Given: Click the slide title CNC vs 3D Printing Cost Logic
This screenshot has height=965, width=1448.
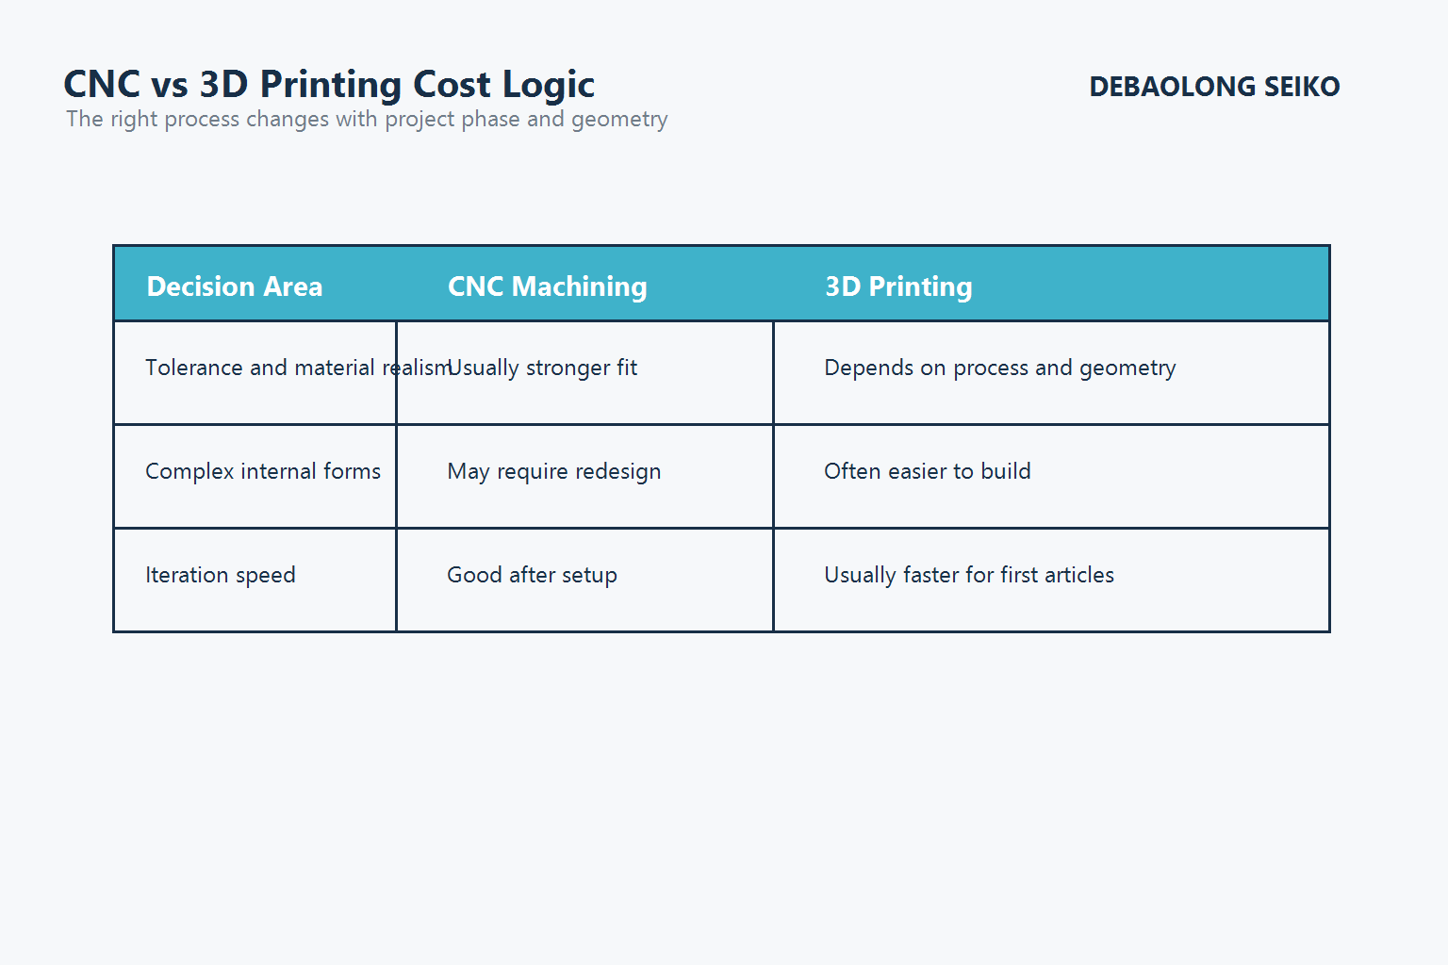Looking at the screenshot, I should pos(329,85).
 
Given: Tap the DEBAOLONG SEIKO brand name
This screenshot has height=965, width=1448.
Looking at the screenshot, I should pos(1214,87).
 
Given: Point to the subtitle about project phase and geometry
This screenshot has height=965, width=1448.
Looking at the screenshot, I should pos(367,120).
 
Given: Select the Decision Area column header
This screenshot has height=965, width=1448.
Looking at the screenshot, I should pos(235,286).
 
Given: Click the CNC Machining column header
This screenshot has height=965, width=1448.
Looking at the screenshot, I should pos(547,286).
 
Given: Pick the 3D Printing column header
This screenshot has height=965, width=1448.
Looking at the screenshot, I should pos(898,286).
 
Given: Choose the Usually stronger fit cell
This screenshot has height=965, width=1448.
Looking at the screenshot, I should pos(544,368).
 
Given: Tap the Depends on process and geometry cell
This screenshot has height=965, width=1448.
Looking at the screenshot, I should pos(999,368).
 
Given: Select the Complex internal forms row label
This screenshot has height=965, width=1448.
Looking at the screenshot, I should pos(263,471).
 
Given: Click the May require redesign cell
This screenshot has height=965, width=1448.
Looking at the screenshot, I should pos(554,471).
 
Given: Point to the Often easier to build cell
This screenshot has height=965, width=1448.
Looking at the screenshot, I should pos(928,471).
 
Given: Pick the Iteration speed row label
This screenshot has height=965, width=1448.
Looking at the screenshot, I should pos(221,575).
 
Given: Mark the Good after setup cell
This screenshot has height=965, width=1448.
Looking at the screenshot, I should pos(532,575).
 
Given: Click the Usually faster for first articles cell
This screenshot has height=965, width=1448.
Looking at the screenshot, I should pos(969,575).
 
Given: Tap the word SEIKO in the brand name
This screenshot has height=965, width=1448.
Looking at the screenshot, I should pos(1302,87).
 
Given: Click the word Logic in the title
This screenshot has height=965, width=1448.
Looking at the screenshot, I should pos(548,85).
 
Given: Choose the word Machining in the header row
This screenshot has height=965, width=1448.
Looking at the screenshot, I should pos(579,286).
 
